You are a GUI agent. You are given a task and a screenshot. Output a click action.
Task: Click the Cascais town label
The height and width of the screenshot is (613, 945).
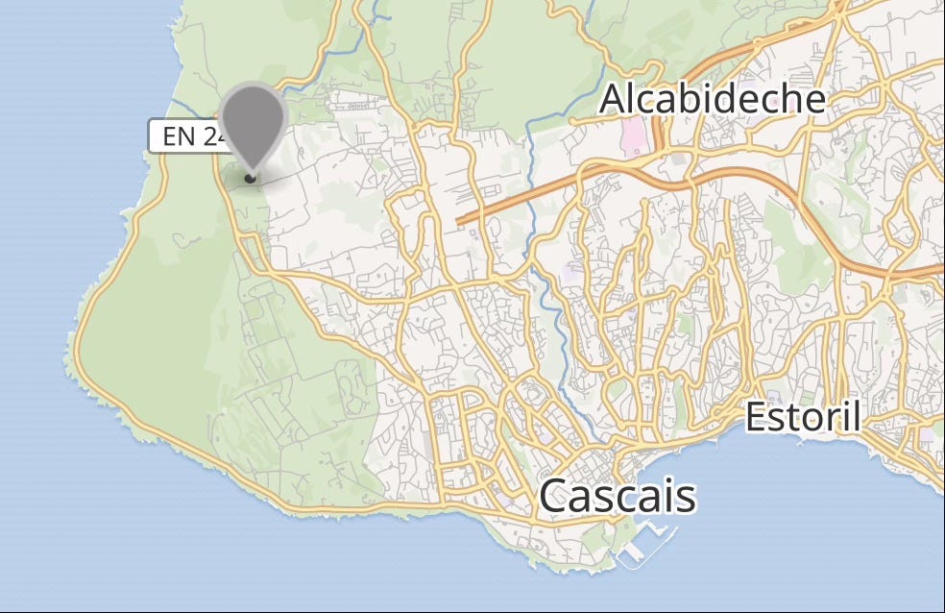click(617, 496)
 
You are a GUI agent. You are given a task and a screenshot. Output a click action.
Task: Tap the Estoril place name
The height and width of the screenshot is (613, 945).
click(803, 418)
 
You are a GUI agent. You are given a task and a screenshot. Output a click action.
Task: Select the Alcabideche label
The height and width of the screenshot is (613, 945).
click(712, 99)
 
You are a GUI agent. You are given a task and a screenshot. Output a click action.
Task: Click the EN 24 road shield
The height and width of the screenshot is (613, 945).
click(188, 135)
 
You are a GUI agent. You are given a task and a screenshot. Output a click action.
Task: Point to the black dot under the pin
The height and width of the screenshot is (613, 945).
click(251, 177)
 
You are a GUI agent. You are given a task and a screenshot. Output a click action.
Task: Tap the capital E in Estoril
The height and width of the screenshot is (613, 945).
click(757, 418)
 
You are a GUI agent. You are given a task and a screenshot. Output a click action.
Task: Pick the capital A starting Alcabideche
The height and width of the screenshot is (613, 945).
click(614, 100)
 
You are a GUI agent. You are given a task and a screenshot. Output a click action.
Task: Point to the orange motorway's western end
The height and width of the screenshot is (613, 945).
click(460, 221)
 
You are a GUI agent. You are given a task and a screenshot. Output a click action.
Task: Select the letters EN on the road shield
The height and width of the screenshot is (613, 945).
click(179, 135)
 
